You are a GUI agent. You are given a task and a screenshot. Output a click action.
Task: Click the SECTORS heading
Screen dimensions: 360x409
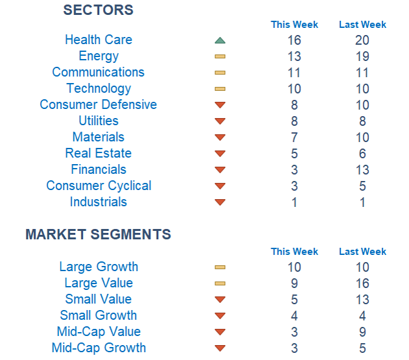[x=98, y=10]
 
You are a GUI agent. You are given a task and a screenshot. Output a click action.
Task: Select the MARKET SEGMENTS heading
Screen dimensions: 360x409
[x=98, y=235]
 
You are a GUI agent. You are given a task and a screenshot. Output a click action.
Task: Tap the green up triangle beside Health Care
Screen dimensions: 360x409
[x=220, y=40]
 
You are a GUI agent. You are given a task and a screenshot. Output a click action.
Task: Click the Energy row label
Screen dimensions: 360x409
[x=99, y=56]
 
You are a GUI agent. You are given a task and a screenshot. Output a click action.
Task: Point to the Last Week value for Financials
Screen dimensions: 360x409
[x=362, y=170]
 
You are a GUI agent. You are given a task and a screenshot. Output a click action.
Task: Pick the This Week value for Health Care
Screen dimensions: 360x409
[x=294, y=40]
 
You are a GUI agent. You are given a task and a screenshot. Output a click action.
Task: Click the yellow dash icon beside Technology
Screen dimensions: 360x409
[x=220, y=89]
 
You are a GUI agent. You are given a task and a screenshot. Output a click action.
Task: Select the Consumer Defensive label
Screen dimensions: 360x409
[x=99, y=105]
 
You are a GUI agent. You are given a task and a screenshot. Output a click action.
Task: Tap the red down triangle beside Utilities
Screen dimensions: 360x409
[x=220, y=121]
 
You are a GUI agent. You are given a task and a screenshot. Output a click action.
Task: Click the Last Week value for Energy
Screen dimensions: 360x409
[x=362, y=56]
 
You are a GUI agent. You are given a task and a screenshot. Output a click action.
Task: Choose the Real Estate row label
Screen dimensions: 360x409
[x=99, y=154]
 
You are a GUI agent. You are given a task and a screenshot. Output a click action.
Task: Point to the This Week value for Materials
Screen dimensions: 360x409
[x=294, y=138]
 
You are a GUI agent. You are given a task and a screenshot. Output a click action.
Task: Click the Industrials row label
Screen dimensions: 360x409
[x=99, y=202]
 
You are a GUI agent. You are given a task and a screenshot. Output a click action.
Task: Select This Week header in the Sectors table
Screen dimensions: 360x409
[x=294, y=25]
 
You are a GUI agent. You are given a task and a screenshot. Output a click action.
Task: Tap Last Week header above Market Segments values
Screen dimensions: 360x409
[x=362, y=252]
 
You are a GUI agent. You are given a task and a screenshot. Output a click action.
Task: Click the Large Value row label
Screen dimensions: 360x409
[x=99, y=283]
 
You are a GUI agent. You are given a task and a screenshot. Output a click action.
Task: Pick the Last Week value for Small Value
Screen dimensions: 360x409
[x=362, y=300]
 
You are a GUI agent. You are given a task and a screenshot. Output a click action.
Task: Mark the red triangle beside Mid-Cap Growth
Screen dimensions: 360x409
[x=220, y=348]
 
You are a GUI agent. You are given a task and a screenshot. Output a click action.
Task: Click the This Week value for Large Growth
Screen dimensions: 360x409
[x=294, y=267]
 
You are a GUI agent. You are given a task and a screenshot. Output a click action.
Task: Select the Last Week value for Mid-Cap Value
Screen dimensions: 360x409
[x=362, y=332]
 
